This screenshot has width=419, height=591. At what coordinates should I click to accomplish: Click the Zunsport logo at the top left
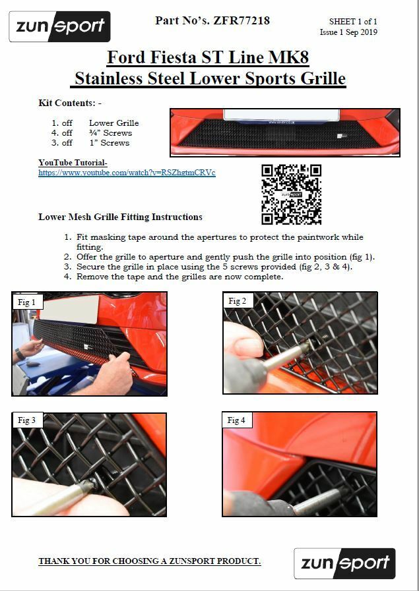click(x=59, y=27)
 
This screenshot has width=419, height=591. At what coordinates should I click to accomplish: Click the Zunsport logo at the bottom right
click(x=344, y=563)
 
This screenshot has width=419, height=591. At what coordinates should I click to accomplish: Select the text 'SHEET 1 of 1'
click(x=353, y=22)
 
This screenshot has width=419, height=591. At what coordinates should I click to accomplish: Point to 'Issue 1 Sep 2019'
click(x=348, y=32)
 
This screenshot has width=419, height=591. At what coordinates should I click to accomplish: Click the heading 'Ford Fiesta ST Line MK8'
click(x=207, y=57)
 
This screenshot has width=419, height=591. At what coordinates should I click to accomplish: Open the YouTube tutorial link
click(x=127, y=173)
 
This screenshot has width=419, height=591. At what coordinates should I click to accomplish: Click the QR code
click(x=291, y=194)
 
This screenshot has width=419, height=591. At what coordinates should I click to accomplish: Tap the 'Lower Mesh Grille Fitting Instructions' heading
click(x=120, y=217)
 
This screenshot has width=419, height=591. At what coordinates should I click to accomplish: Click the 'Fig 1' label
click(x=27, y=302)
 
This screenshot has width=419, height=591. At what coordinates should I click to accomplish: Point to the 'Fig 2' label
click(x=237, y=301)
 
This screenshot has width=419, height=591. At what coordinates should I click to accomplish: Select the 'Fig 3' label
click(x=27, y=420)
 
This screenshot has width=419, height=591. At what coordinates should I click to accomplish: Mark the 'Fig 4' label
click(x=236, y=420)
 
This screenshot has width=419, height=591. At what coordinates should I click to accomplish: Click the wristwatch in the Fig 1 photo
click(x=20, y=354)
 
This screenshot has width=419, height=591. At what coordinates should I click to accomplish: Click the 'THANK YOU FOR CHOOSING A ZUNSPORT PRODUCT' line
click(x=149, y=561)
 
